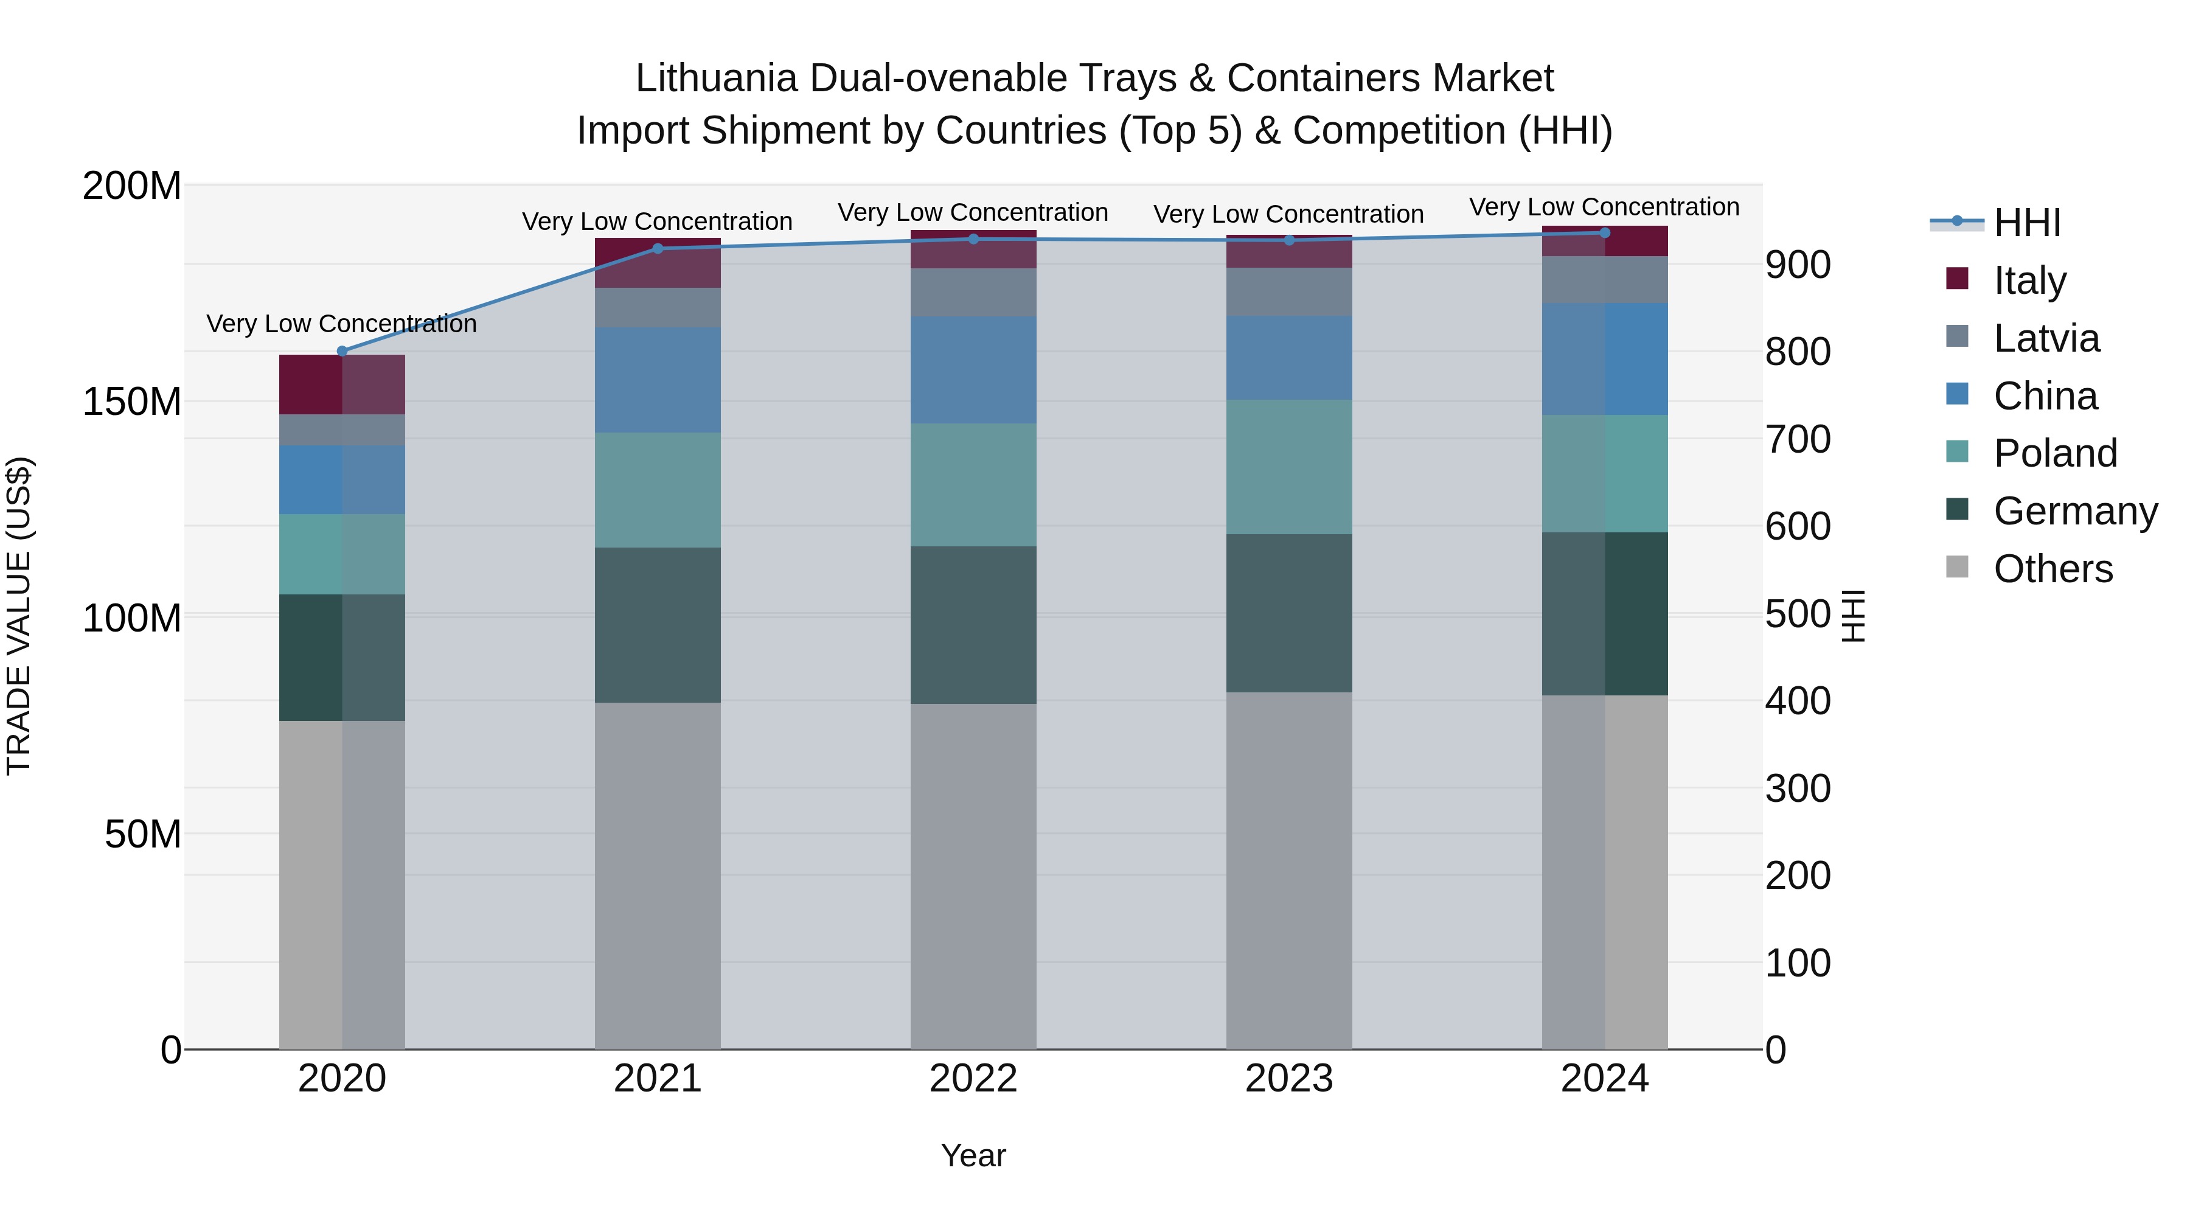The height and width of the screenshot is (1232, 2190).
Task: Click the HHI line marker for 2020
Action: click(342, 351)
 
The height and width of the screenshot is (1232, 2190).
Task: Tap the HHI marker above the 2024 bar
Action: click(1604, 233)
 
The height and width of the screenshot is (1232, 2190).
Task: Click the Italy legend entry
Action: click(2029, 280)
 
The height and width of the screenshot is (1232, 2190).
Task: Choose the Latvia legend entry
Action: click(2045, 338)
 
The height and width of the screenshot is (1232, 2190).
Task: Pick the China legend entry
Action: click(2045, 396)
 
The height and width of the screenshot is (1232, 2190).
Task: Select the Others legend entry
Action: click(2053, 569)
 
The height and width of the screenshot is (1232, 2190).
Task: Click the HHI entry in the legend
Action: click(2027, 223)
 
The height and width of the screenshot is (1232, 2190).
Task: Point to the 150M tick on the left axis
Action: click(132, 402)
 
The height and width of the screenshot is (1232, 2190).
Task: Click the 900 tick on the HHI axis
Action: click(1797, 265)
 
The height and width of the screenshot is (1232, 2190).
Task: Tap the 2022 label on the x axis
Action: click(973, 1079)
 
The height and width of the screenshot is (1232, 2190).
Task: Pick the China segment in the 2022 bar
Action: click(973, 370)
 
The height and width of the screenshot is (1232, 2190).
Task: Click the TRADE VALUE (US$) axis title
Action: click(19, 616)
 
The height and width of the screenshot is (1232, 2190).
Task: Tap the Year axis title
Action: click(973, 1155)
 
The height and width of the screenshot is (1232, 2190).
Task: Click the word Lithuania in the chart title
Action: click(716, 78)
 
